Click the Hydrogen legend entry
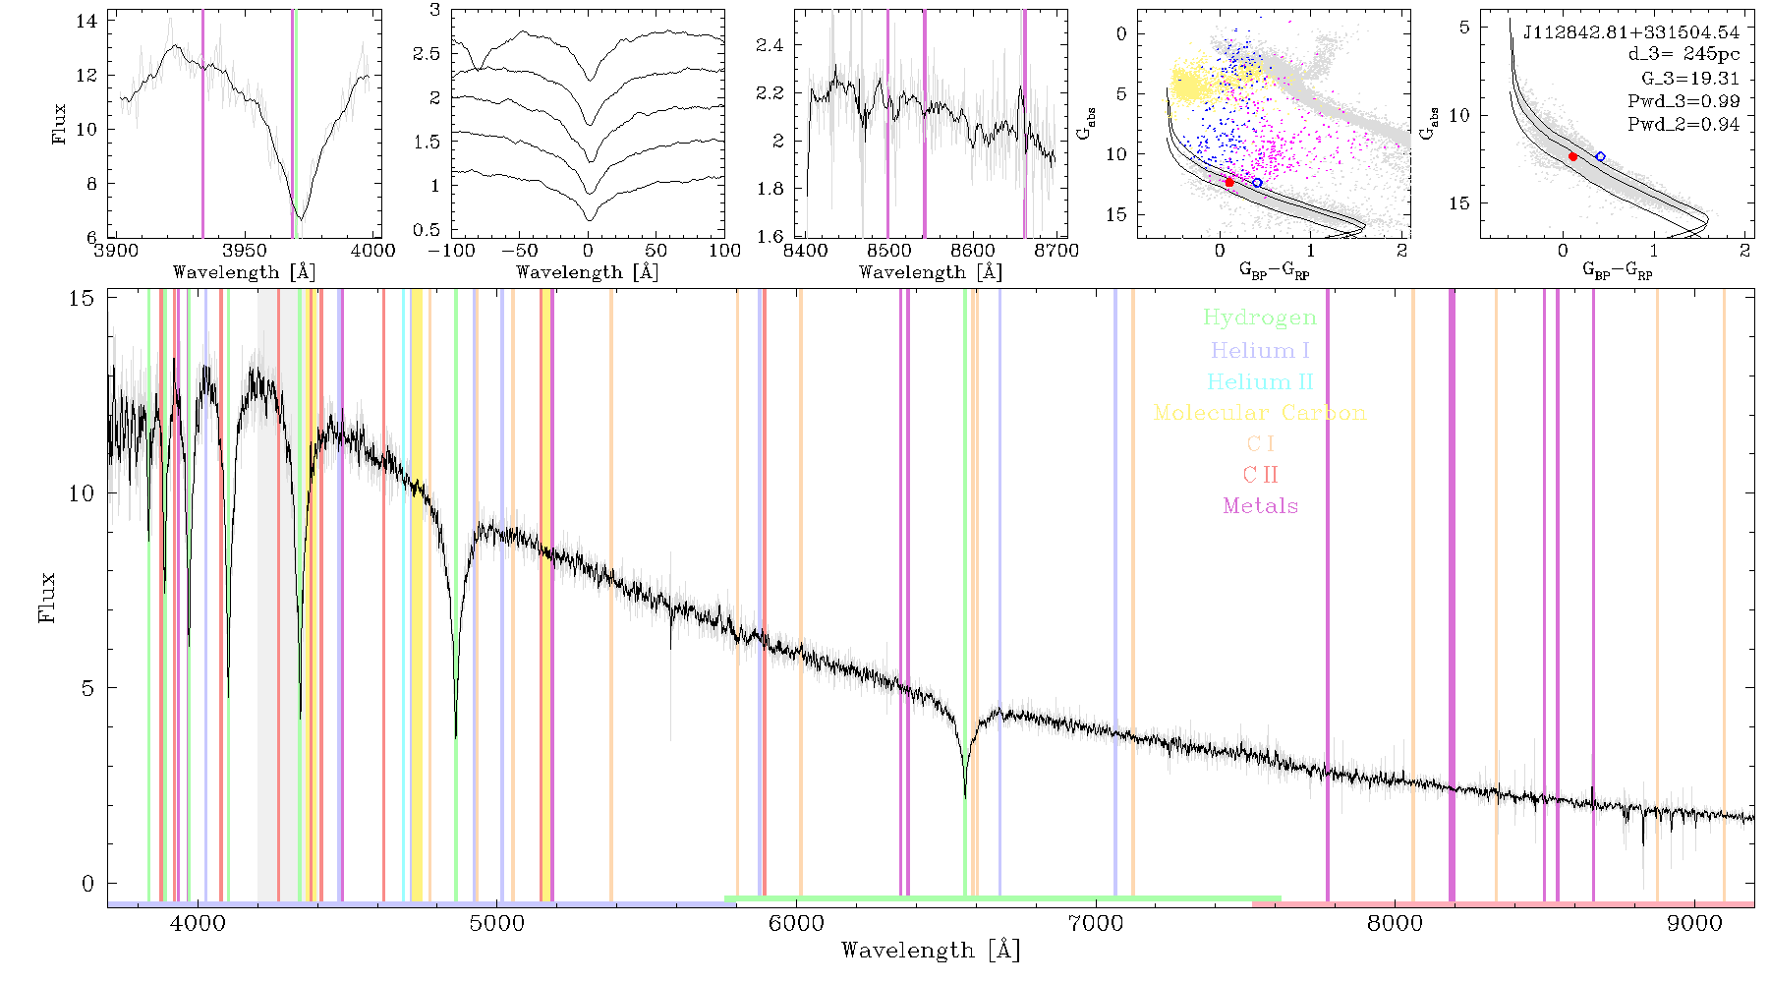click(1260, 318)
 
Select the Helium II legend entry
click(1260, 381)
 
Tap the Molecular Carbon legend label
click(1260, 413)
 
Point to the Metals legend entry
click(1261, 506)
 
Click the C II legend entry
click(1261, 475)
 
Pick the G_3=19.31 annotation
click(1690, 79)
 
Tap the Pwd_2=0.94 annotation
click(1683, 125)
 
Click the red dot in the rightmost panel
click(1572, 156)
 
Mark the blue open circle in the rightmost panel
click(1600, 156)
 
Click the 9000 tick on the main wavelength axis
click(1694, 923)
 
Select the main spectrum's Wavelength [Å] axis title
click(931, 951)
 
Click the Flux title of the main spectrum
click(47, 598)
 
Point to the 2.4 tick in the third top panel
click(770, 45)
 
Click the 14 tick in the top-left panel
click(86, 21)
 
